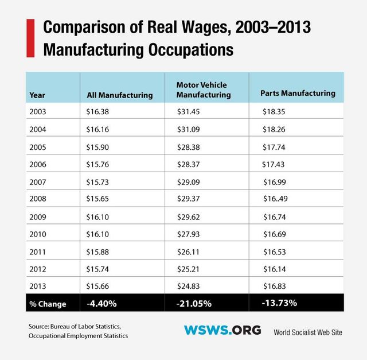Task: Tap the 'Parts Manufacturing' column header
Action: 297,92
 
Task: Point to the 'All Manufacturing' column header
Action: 119,95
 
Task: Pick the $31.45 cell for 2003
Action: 188,111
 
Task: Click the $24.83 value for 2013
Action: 188,285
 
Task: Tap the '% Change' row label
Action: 47,304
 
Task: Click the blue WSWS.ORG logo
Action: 222,330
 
